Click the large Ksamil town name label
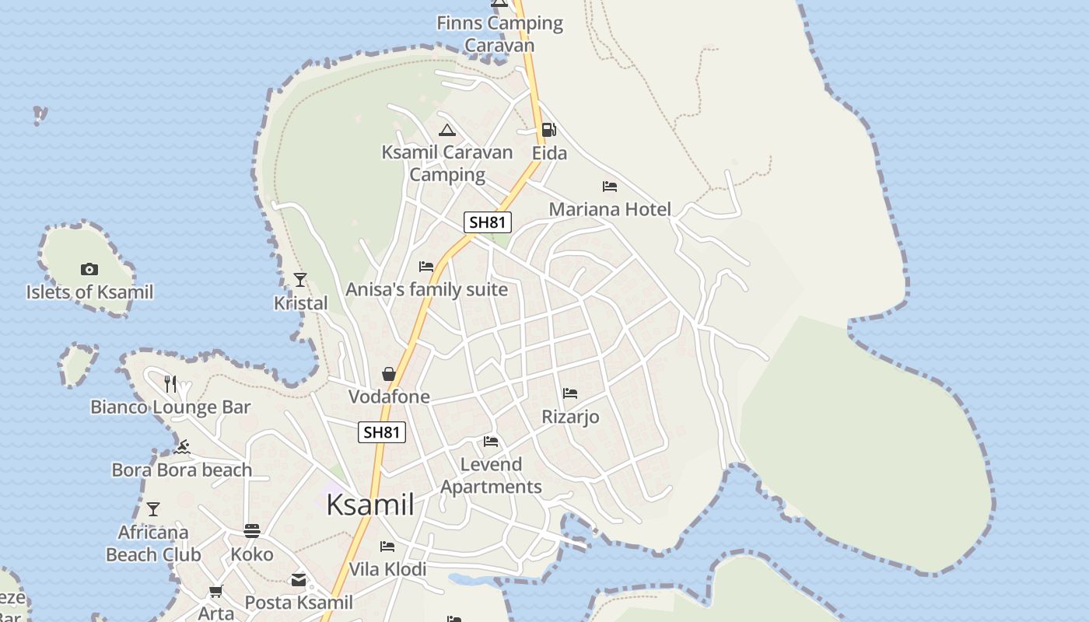point(369,505)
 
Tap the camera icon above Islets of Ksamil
point(89,269)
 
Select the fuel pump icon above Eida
point(549,130)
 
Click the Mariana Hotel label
point(610,209)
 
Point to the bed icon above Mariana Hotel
point(610,187)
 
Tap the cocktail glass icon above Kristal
point(300,280)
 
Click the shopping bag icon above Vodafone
point(389,375)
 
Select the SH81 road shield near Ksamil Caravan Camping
point(488,222)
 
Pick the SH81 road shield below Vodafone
point(382,432)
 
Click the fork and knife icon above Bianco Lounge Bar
point(170,383)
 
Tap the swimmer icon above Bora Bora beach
point(182,447)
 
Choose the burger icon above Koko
point(251,531)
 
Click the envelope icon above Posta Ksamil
point(299,580)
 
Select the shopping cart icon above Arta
point(216,592)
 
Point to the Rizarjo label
point(570,417)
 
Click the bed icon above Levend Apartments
point(491,442)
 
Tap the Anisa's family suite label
point(426,290)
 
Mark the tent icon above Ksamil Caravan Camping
point(446,130)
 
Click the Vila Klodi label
point(387,569)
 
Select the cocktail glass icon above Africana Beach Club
point(153,509)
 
